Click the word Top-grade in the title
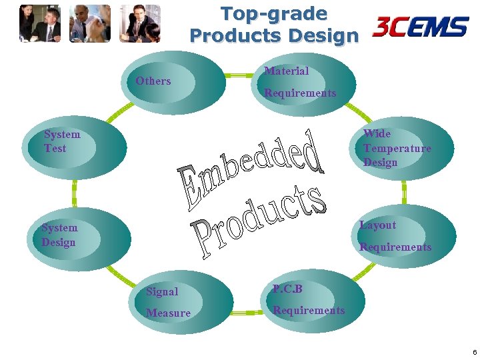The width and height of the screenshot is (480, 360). [273, 13]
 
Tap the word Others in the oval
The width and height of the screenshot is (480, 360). [153, 81]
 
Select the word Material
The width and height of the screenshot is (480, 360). [287, 71]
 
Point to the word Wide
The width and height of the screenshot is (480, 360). [377, 133]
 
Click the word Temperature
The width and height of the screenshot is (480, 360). [397, 148]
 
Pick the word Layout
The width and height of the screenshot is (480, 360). [377, 225]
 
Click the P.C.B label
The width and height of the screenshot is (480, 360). [287, 289]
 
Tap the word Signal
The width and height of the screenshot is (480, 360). [162, 291]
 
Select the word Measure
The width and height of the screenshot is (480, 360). [168, 313]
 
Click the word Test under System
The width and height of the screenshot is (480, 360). [55, 148]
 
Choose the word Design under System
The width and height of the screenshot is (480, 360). [59, 242]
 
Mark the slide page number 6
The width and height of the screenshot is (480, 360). [474, 351]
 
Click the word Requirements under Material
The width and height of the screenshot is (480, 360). [300, 93]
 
